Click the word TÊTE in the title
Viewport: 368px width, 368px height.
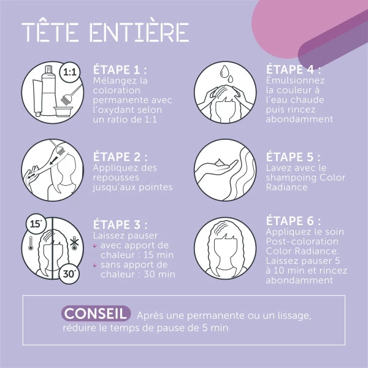(50, 32)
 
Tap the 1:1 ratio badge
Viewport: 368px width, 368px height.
(70, 72)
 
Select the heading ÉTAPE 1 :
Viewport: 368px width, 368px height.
(120, 69)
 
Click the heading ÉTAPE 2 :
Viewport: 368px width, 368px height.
(120, 157)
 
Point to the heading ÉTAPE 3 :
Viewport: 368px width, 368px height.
(120, 224)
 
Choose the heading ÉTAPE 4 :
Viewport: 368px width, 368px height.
(293, 69)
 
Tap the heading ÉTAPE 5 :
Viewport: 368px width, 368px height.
(293, 157)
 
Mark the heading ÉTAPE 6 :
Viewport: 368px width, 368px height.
(293, 221)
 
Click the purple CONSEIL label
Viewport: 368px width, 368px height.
(96, 313)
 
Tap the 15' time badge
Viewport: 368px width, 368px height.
(36, 224)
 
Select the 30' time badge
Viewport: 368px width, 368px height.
(69, 274)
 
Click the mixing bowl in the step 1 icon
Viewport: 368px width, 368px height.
(63, 112)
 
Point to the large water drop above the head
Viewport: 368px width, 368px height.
(224, 71)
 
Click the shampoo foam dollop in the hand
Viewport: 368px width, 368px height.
(220, 163)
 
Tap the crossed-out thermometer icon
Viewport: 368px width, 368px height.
(74, 243)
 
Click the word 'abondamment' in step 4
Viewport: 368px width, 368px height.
(299, 119)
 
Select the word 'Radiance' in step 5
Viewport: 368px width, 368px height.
(287, 187)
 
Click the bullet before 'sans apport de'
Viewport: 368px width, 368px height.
(95, 266)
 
